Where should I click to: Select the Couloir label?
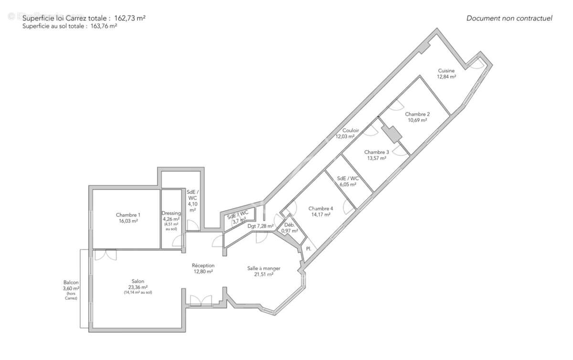(x=350, y=131)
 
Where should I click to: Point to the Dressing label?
(x=171, y=213)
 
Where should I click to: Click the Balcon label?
(x=71, y=282)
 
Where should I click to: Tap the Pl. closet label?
(x=309, y=249)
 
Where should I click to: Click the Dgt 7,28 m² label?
(x=260, y=226)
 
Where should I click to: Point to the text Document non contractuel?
(x=509, y=19)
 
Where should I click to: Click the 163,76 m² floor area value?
(x=104, y=27)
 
